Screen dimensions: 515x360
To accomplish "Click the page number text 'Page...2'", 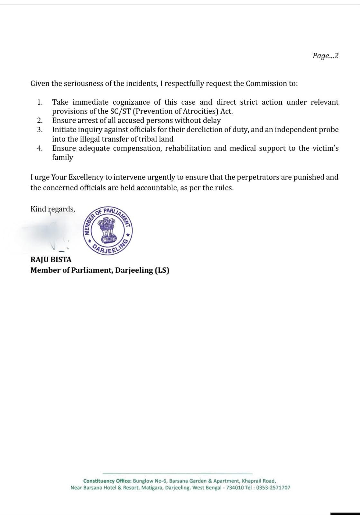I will click(x=325, y=56).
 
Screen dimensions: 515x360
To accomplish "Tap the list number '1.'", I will click(x=40, y=102).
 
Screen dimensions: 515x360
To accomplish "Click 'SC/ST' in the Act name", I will click(x=120, y=111).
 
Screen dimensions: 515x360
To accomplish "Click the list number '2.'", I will click(x=40, y=121).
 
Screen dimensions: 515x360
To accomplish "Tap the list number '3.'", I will click(x=40, y=130).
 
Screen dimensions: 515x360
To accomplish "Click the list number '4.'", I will click(x=40, y=148).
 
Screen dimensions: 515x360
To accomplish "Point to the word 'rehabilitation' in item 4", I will click(x=187, y=148).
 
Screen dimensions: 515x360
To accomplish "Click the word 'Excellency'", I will click(x=85, y=177).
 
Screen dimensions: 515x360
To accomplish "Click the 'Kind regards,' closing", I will click(x=53, y=209).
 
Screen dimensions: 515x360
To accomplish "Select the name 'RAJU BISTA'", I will click(x=51, y=259).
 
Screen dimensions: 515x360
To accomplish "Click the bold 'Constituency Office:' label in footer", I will click(x=107, y=481).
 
